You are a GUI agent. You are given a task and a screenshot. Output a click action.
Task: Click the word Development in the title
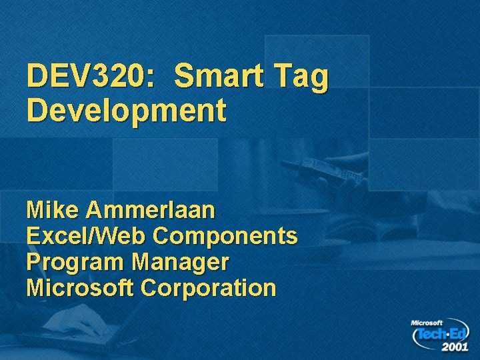(x=127, y=111)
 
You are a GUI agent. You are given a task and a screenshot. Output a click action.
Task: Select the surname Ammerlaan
(x=151, y=211)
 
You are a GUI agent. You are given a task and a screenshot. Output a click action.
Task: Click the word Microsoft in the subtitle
(x=80, y=287)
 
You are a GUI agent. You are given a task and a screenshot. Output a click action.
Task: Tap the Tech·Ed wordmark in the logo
(x=441, y=334)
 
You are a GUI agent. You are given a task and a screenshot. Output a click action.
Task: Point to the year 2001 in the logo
(x=453, y=347)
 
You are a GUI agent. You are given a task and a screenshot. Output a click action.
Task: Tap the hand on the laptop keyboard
(x=87, y=326)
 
